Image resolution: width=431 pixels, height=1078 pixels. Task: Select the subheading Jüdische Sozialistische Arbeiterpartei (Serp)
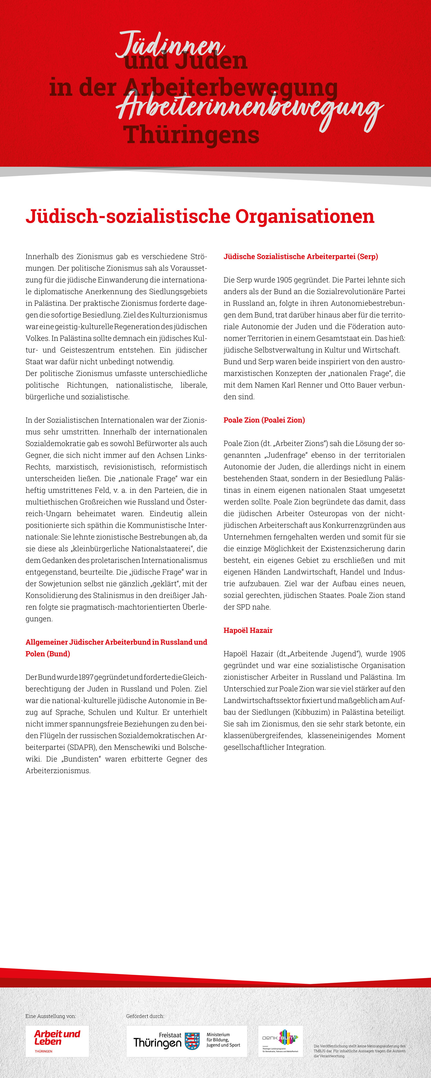tap(300, 257)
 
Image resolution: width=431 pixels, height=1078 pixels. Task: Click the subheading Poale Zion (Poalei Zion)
tap(264, 420)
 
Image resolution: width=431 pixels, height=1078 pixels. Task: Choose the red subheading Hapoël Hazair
tap(248, 630)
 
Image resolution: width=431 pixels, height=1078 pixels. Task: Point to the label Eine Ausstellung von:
tap(51, 1016)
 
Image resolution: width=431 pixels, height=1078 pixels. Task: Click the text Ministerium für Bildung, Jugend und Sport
tap(223, 1039)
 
